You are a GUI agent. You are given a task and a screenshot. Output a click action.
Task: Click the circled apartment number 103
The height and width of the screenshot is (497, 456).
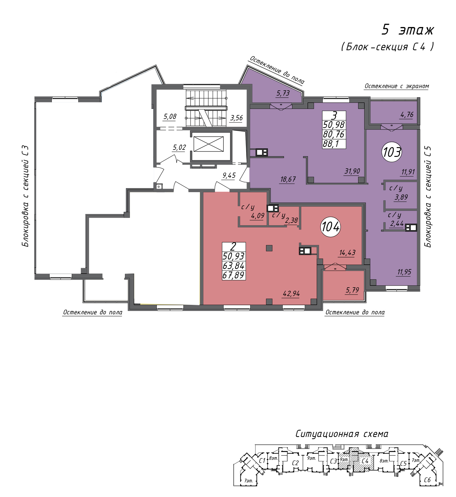pyautogui.click(x=392, y=152)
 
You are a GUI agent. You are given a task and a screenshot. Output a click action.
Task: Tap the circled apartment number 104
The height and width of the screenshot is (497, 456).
pyautogui.click(x=330, y=226)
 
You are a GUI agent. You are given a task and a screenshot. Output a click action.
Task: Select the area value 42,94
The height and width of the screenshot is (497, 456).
pyautogui.click(x=291, y=294)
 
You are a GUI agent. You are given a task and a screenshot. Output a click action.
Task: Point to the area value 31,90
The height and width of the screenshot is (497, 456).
pyautogui.click(x=352, y=171)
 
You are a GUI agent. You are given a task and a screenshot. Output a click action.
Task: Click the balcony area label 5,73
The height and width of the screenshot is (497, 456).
pyautogui.click(x=283, y=93)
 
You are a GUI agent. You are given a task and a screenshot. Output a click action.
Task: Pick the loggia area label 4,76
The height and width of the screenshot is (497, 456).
pyautogui.click(x=407, y=115)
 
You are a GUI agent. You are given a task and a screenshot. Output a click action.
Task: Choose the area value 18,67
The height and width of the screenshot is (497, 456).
pyautogui.click(x=288, y=179)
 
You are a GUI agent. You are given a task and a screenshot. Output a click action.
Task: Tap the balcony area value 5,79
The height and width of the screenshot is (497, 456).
pyautogui.click(x=352, y=290)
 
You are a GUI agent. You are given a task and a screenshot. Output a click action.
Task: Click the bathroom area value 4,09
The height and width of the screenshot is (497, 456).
pyautogui.click(x=257, y=216)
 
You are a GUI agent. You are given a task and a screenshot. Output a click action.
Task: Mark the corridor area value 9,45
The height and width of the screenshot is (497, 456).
pyautogui.click(x=229, y=175)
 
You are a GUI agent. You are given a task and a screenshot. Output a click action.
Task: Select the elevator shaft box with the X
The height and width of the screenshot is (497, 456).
pyautogui.click(x=208, y=144)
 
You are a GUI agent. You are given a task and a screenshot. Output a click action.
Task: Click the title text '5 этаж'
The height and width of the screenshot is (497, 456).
pyautogui.click(x=408, y=30)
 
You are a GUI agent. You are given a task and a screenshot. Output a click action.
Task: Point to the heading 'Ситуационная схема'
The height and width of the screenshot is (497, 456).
pyautogui.click(x=342, y=434)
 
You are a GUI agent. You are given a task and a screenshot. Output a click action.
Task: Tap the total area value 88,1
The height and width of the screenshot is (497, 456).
pyautogui.click(x=331, y=144)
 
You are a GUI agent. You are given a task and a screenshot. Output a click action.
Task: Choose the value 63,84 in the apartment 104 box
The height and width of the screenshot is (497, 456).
pyautogui.click(x=233, y=266)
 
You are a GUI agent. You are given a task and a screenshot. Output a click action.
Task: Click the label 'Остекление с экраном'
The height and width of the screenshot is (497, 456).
pyautogui.click(x=397, y=86)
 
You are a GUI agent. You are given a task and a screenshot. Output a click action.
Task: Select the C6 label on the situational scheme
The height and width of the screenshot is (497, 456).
pyautogui.click(x=427, y=480)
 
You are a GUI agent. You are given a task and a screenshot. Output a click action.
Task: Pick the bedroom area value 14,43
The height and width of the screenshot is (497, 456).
pyautogui.click(x=347, y=253)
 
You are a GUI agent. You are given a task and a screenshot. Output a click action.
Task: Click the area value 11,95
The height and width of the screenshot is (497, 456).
pyautogui.click(x=404, y=272)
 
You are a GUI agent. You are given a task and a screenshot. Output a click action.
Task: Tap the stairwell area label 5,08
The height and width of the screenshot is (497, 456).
pyautogui.click(x=170, y=116)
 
